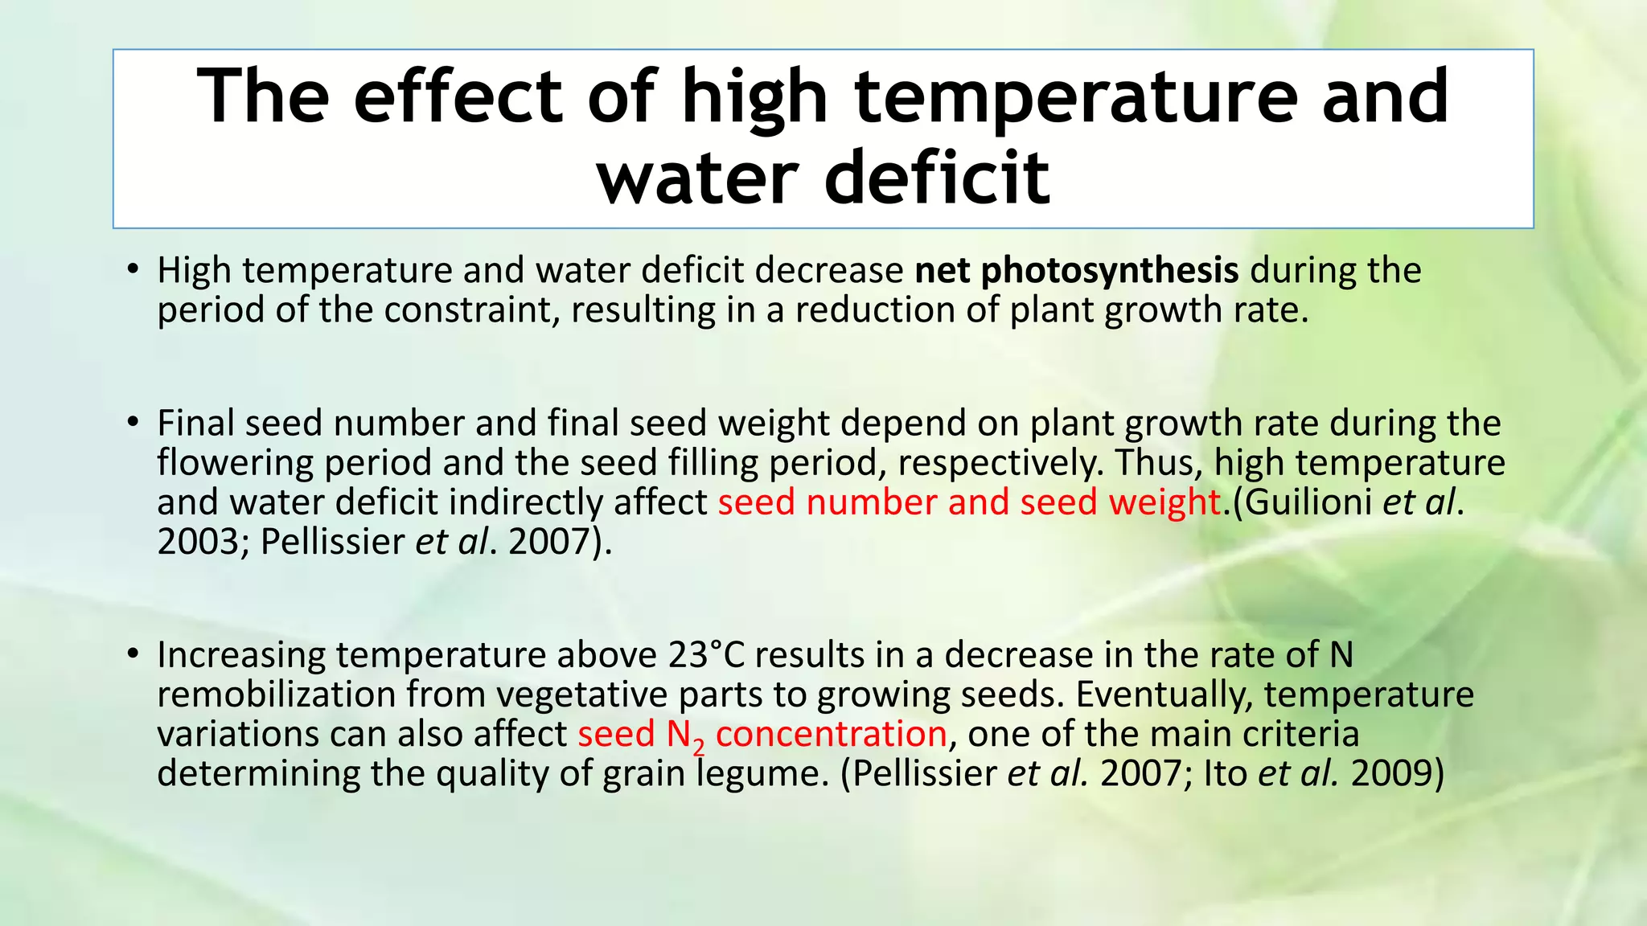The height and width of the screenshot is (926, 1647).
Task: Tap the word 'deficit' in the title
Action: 938,177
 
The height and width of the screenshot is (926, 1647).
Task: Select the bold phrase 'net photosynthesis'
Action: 1077,270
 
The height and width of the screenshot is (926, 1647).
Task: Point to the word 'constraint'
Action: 470,310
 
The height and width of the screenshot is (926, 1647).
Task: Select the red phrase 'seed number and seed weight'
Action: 969,502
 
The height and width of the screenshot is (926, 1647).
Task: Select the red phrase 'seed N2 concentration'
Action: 762,735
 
